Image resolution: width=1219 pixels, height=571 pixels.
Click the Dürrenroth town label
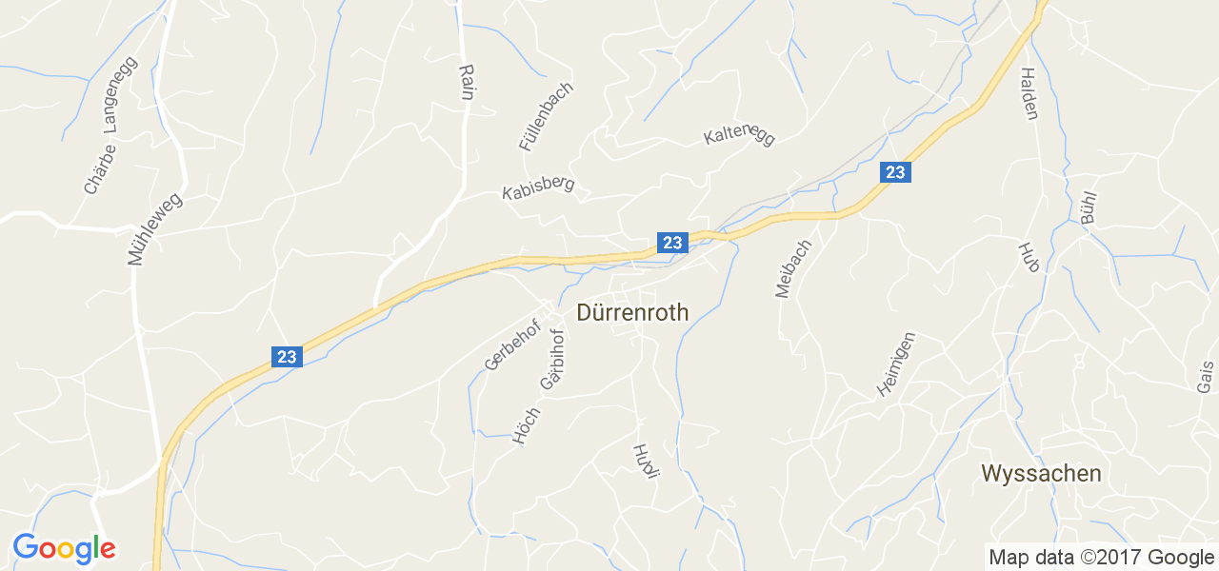(x=632, y=312)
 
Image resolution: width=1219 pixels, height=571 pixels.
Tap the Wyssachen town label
(x=1041, y=473)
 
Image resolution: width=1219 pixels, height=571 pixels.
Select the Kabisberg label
(x=538, y=187)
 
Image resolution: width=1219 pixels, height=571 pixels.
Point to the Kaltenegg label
(x=739, y=136)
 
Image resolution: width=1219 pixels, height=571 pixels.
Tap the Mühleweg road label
(x=153, y=228)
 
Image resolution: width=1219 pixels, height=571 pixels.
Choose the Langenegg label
(x=121, y=95)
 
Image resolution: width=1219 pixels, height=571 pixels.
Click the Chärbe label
(x=99, y=169)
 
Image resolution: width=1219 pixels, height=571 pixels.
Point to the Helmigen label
(x=895, y=364)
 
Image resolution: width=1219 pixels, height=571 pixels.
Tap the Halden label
(x=1029, y=93)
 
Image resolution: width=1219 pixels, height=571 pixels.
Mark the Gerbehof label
(x=511, y=345)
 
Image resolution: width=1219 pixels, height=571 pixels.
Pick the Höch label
(x=526, y=425)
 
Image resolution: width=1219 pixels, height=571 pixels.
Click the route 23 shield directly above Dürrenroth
(x=672, y=243)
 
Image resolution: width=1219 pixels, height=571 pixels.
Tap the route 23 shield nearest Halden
(x=894, y=171)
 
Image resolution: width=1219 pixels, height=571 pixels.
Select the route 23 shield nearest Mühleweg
(x=287, y=357)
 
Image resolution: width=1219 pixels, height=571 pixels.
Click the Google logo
(x=64, y=548)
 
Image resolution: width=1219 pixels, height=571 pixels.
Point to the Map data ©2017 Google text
(x=1101, y=558)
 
